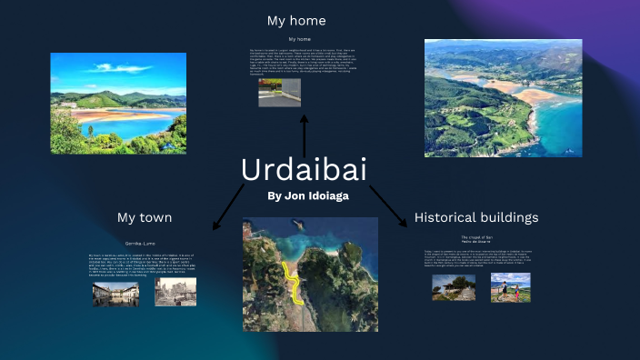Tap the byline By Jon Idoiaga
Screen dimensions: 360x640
(308, 195)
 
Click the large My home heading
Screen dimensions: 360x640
(296, 20)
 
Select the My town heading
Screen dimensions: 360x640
(144, 217)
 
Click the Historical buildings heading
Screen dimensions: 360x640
(475, 217)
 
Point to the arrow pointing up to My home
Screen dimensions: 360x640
(304, 132)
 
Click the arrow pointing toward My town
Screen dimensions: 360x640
(227, 206)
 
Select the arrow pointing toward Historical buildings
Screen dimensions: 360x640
(388, 206)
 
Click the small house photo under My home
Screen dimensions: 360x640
(279, 93)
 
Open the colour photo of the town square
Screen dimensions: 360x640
(115, 293)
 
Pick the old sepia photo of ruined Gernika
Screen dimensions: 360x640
(175, 291)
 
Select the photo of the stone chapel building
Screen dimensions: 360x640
(453, 287)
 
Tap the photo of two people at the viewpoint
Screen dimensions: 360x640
(510, 287)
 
